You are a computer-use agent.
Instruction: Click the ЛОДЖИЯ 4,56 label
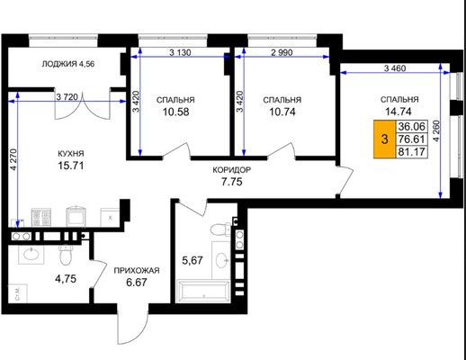click(68, 64)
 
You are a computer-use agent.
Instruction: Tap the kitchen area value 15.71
click(71, 166)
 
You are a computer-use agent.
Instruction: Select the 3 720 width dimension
click(67, 97)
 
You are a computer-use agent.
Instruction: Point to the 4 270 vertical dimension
click(13, 159)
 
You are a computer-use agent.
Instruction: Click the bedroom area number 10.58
click(176, 112)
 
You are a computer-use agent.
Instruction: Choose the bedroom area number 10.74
click(282, 112)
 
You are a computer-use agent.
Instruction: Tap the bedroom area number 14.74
click(399, 112)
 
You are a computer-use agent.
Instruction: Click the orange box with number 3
click(384, 139)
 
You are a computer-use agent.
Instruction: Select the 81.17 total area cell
click(411, 152)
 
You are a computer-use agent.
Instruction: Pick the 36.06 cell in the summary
click(411, 127)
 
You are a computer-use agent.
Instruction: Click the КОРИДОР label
click(232, 170)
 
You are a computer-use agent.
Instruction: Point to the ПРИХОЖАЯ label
click(137, 271)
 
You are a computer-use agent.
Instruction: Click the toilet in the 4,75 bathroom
click(65, 255)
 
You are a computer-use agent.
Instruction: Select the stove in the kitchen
click(41, 218)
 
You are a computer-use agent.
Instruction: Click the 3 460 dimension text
click(395, 68)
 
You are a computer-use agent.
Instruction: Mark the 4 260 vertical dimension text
click(436, 131)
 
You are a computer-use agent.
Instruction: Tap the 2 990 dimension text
click(282, 52)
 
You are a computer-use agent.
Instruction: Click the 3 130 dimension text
click(180, 53)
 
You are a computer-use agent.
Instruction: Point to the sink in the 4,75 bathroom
click(31, 255)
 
